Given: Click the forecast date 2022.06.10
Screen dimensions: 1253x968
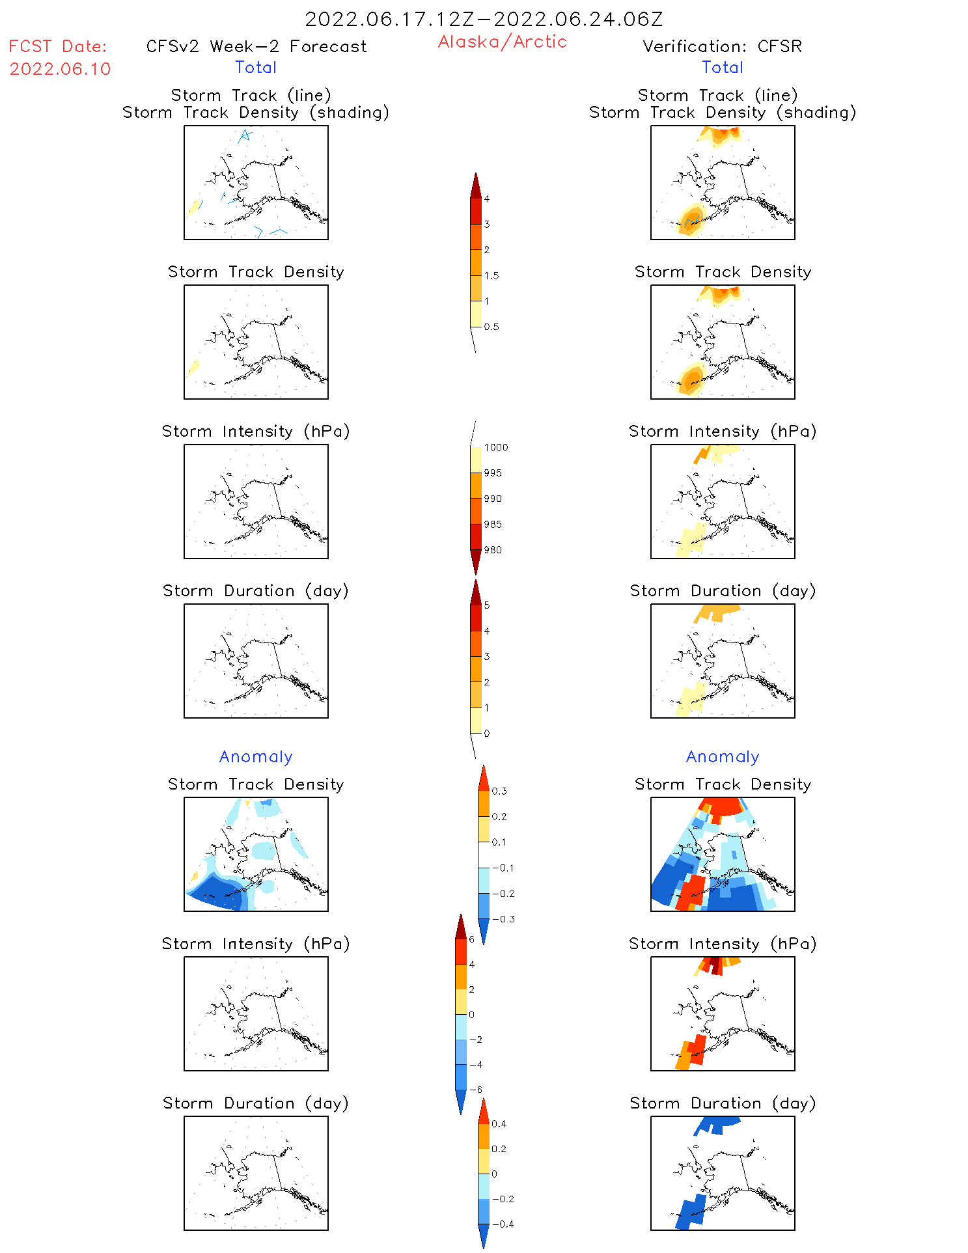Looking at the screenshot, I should (x=60, y=69).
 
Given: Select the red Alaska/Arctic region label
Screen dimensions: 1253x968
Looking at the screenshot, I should (x=502, y=42).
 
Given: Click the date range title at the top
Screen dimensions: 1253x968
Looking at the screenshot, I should (x=484, y=19).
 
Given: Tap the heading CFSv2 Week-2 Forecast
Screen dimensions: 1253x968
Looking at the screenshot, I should (x=256, y=46).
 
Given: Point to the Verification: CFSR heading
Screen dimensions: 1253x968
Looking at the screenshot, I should (x=722, y=46).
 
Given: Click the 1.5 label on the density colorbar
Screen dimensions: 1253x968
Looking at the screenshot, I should (x=491, y=276).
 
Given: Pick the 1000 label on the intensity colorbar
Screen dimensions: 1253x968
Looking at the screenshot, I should (x=496, y=448).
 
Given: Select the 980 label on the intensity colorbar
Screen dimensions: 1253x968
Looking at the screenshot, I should (x=493, y=550).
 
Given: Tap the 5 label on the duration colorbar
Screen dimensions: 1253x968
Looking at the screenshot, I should (x=487, y=605).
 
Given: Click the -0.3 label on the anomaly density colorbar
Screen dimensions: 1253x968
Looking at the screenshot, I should (x=503, y=919).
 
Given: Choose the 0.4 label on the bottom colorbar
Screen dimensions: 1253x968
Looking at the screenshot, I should (x=499, y=1124).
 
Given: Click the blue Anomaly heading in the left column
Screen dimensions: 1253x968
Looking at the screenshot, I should (x=256, y=756).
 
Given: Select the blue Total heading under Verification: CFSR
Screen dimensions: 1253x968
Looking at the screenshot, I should (x=722, y=67).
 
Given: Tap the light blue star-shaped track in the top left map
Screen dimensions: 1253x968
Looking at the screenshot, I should (x=245, y=135).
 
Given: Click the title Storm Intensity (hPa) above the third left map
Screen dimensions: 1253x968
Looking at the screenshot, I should (x=256, y=431).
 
